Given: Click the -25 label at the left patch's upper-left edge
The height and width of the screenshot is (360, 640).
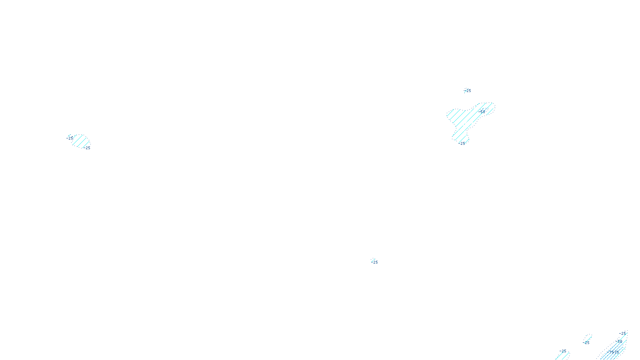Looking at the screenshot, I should click(x=70, y=138).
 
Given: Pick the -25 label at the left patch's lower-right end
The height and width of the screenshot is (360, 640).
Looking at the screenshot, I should click(x=88, y=148).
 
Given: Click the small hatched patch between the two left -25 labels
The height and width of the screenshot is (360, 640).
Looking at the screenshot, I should click(x=80, y=141).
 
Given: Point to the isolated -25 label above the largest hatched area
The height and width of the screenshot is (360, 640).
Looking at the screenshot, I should click(x=468, y=91).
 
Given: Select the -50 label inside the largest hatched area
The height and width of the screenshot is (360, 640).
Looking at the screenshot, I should click(x=482, y=112).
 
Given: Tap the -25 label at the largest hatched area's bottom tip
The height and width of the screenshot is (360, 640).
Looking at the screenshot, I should click(x=462, y=143).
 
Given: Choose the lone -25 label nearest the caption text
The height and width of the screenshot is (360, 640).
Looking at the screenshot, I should click(x=375, y=262).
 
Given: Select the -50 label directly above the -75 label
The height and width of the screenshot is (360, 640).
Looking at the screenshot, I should click(x=619, y=342).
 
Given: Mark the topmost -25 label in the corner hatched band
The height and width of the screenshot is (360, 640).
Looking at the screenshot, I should click(x=623, y=333).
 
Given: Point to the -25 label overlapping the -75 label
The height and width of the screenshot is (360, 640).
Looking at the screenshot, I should click(x=617, y=352).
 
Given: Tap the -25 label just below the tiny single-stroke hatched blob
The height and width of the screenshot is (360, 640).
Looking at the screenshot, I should click(x=586, y=343).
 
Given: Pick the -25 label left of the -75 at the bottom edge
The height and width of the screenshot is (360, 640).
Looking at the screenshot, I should click(x=563, y=351).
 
